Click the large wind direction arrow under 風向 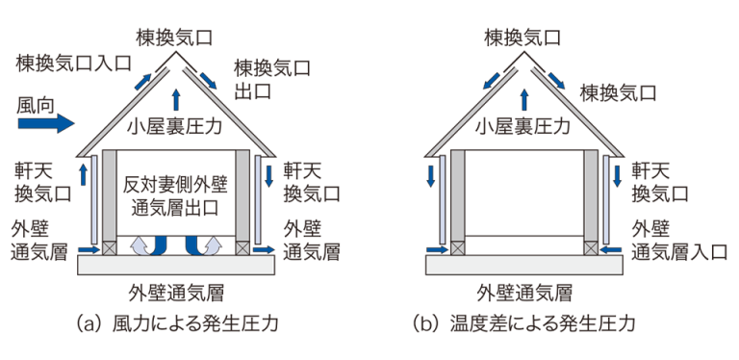pos(46,123)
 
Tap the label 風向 pos(37,105)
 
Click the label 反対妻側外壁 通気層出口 pos(175,196)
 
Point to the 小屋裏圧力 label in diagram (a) pos(175,126)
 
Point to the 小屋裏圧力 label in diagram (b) pos(523,126)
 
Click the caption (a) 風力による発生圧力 pos(177,323)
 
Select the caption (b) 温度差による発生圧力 pos(524,323)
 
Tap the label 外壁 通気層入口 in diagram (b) pos(679,242)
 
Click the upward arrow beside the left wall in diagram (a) pos(84,174)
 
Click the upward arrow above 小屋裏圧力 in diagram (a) pos(176,99)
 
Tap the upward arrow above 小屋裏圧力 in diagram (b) pos(523,99)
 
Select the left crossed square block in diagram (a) pos(110,247)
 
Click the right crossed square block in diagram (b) pos(591,247)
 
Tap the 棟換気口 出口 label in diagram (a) pos(272,79)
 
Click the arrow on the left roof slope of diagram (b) pos(492,81)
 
